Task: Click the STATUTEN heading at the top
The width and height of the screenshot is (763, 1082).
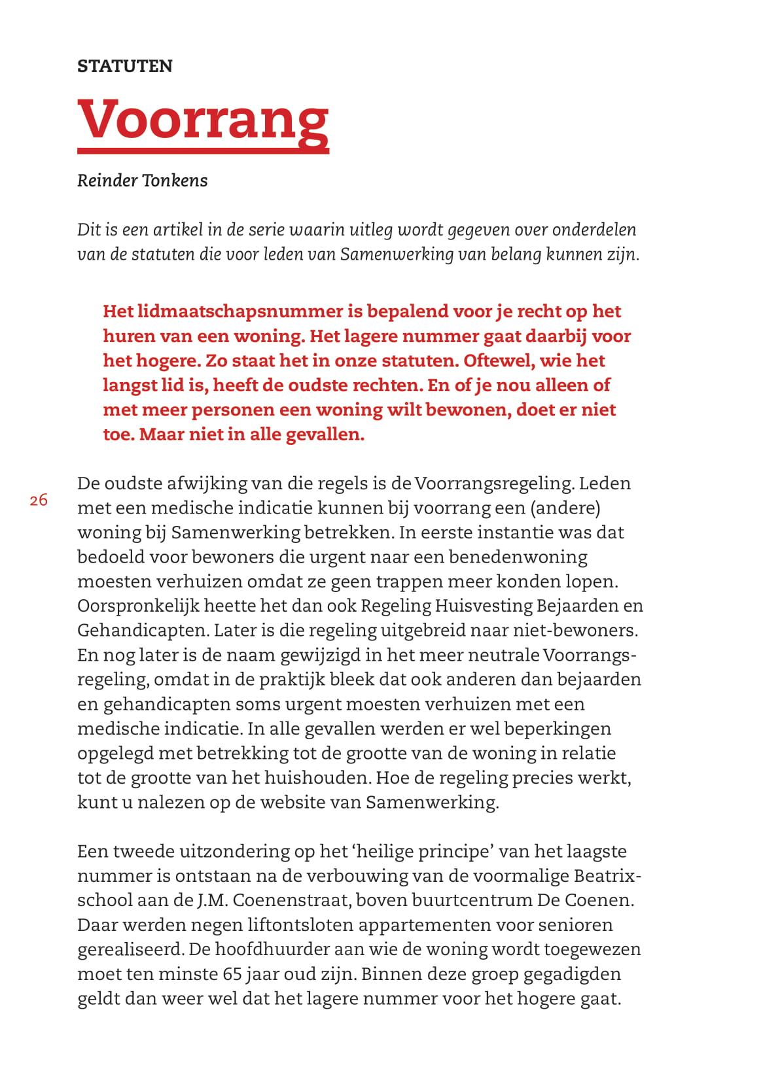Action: coord(125,66)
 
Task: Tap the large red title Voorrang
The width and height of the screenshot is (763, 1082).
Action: coord(203,120)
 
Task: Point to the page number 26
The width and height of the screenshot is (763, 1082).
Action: coord(39,500)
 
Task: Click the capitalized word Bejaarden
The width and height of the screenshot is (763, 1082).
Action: coord(577,606)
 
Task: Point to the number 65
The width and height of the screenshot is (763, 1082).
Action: coord(233,974)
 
